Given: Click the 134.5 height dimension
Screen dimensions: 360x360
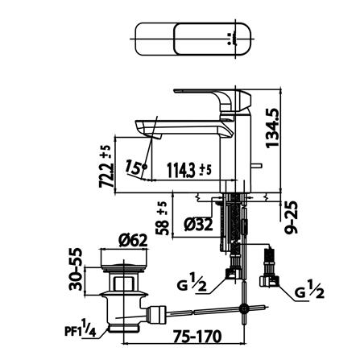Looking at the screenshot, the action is point(272,128).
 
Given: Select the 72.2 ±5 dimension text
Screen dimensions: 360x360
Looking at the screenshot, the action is point(105,167).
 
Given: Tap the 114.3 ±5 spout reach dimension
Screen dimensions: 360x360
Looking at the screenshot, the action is point(189,171).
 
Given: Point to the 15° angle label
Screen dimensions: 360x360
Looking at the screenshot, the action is point(134,167).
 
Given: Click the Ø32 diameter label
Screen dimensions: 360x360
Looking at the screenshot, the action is point(198,224).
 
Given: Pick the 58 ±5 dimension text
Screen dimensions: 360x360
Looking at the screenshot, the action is point(163,218).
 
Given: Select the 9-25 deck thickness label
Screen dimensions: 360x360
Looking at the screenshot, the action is point(292,217).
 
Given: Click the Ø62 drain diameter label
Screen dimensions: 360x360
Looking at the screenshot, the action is point(133,240).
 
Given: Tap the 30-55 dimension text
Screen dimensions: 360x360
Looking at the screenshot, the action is point(75,269).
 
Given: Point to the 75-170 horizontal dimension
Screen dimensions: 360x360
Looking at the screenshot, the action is point(197,336).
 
